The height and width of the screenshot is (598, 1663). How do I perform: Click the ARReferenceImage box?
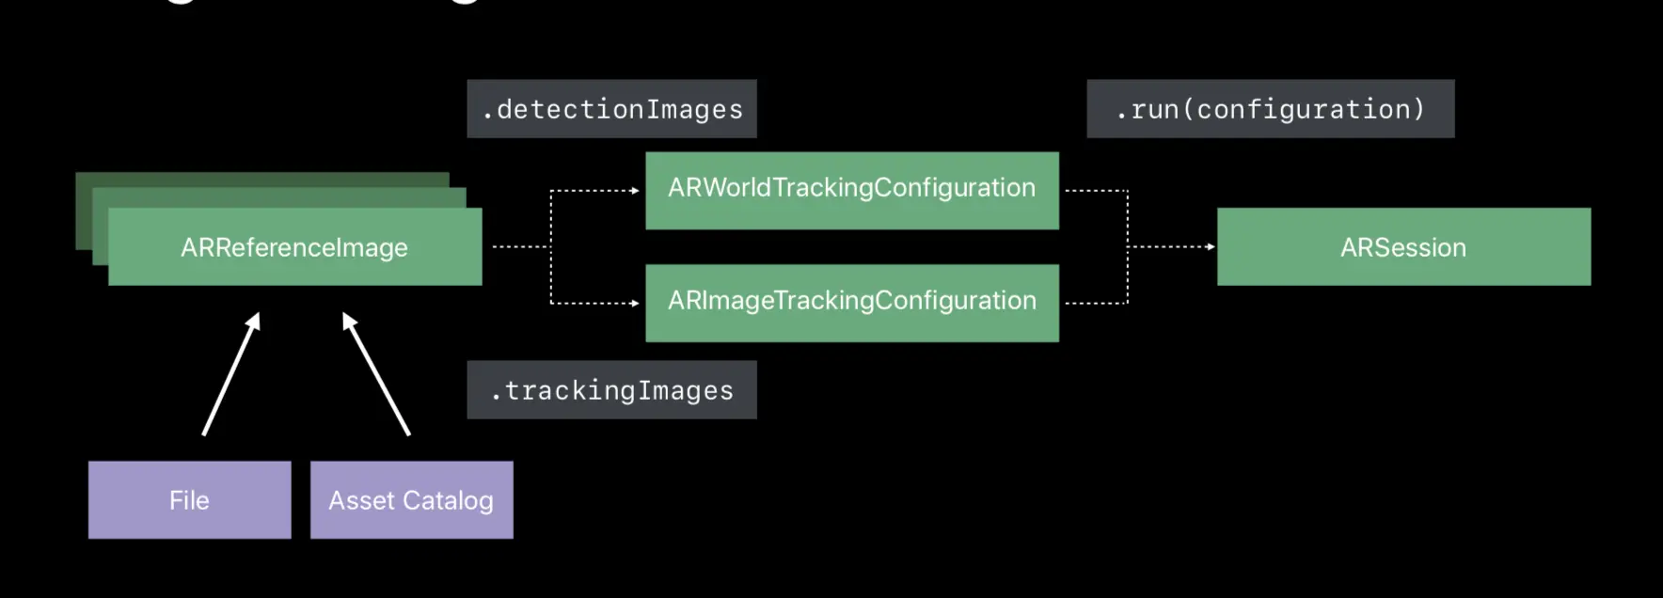[294, 247]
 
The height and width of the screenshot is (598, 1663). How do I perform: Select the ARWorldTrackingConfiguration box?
[851, 189]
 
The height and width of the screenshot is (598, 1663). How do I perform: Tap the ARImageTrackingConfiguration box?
[851, 302]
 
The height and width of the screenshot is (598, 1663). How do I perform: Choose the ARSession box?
[1403, 247]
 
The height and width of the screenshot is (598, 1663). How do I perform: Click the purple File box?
[189, 500]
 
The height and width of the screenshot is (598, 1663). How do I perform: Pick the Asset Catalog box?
[411, 500]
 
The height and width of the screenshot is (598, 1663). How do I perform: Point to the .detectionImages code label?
[611, 109]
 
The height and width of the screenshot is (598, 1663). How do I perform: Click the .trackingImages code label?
[611, 390]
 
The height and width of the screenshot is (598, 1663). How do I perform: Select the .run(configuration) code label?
[1270, 109]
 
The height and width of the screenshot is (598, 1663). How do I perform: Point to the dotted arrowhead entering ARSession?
[1211, 247]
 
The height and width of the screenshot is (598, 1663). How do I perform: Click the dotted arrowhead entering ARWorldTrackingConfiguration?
[636, 191]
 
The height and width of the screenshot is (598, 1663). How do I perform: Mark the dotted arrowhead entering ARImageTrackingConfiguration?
[636, 303]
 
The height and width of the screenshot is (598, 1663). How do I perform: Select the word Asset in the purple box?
[361, 501]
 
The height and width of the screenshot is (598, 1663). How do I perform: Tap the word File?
[189, 500]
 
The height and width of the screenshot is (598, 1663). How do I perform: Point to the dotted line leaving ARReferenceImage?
[519, 247]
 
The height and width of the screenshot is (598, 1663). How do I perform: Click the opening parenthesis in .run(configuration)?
[1188, 110]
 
